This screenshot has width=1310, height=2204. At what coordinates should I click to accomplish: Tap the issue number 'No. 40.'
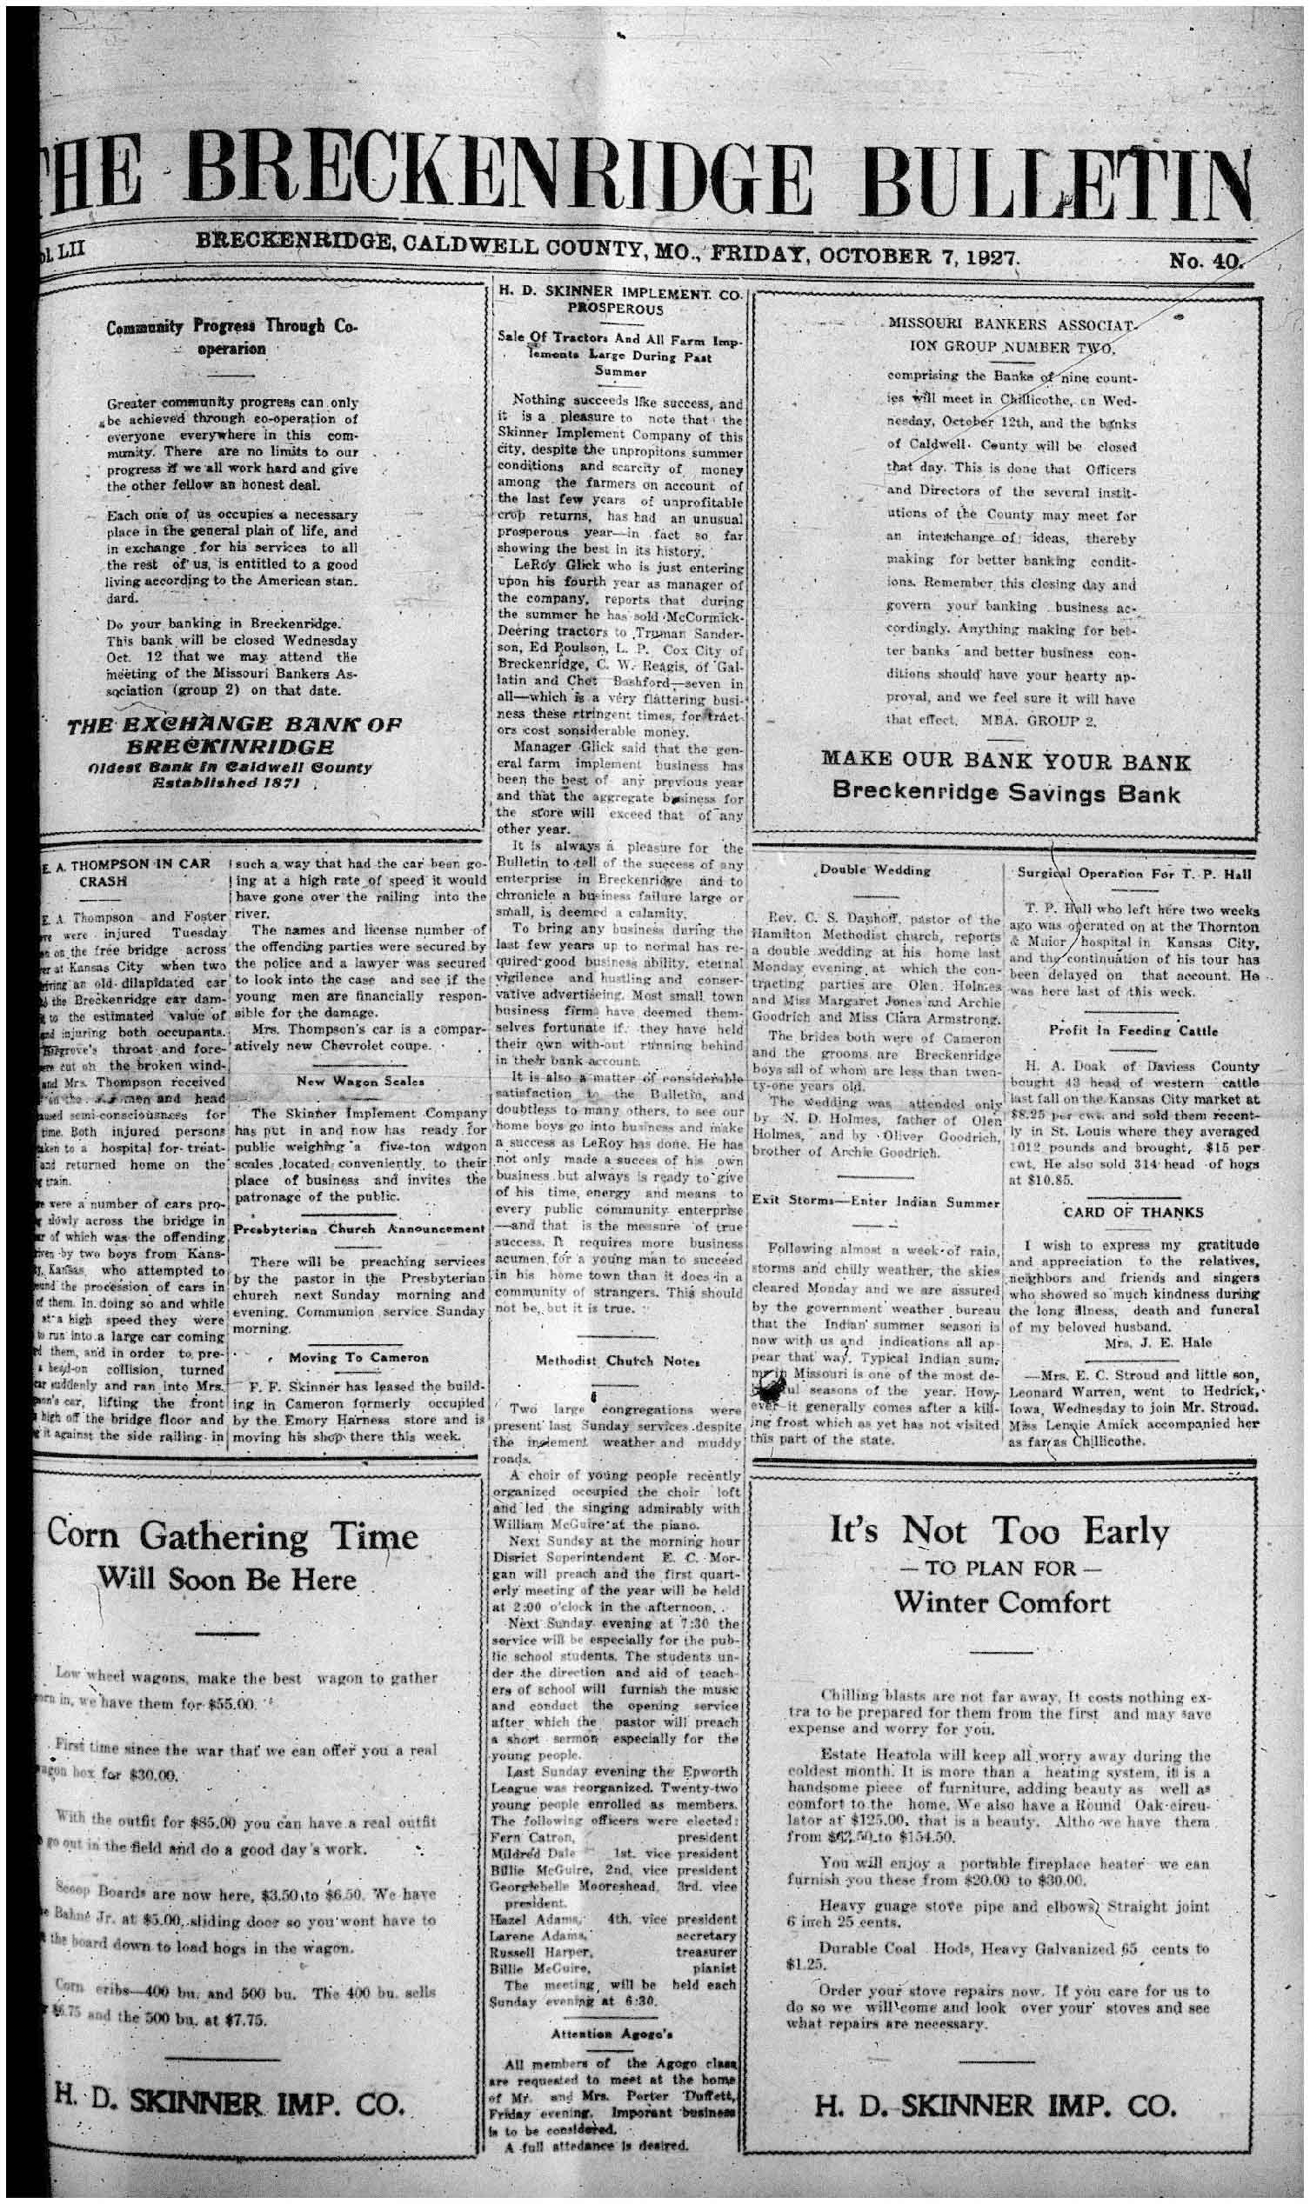pyautogui.click(x=1205, y=260)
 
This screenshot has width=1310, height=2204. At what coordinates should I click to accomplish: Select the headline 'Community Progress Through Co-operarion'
pyautogui.click(x=231, y=337)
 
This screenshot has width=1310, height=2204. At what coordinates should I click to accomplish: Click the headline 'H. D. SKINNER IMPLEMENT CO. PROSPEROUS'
pyautogui.click(x=618, y=300)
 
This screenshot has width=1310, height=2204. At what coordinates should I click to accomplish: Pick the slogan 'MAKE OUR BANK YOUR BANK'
pyautogui.click(x=1006, y=762)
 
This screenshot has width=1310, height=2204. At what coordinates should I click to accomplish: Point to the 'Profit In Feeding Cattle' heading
pyautogui.click(x=1133, y=1029)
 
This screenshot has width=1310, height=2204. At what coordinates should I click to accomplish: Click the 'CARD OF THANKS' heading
pyautogui.click(x=1133, y=1212)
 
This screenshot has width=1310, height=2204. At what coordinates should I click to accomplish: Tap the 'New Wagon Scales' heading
pyautogui.click(x=359, y=1081)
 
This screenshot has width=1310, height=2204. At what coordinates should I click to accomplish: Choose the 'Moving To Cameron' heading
pyautogui.click(x=358, y=1357)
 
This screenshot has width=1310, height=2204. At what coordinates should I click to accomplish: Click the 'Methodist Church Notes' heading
pyautogui.click(x=618, y=1361)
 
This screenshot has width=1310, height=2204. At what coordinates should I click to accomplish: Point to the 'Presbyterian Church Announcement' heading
pyautogui.click(x=358, y=1229)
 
